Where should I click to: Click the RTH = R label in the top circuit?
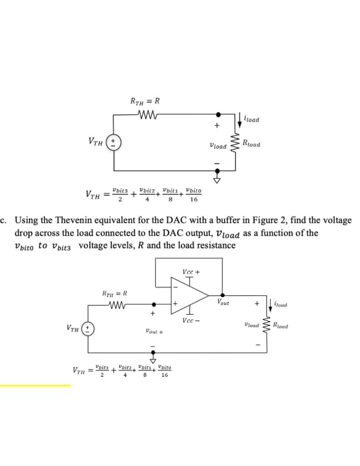pyautogui.click(x=145, y=101)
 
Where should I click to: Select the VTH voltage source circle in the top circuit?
pyautogui.click(x=113, y=142)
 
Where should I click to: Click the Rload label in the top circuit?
pyautogui.click(x=251, y=144)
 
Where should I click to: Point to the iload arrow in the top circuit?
pyautogui.click(x=240, y=120)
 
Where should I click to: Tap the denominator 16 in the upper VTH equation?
pyautogui.click(x=194, y=199)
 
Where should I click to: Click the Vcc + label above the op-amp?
pyautogui.click(x=191, y=272)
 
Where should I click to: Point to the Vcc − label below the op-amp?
pyautogui.click(x=191, y=320)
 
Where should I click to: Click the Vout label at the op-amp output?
pyautogui.click(x=223, y=302)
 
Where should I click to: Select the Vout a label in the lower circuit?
pyautogui.click(x=154, y=332)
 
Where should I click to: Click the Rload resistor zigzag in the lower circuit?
pyautogui.click(x=267, y=324)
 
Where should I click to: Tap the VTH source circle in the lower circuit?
pyautogui.click(x=88, y=328)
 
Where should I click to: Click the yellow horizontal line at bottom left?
pyautogui.click(x=35, y=385)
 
